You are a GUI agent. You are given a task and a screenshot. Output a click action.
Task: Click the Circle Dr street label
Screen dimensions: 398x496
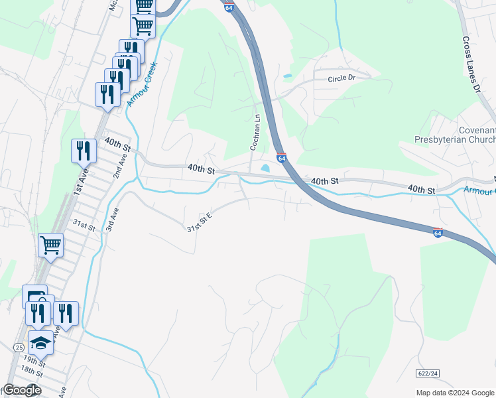point(341,78)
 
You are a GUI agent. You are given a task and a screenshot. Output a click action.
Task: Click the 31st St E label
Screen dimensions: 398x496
point(199,222)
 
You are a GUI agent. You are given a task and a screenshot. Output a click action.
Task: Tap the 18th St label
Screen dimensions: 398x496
point(31,373)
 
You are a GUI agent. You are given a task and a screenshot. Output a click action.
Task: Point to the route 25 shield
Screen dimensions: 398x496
point(18,348)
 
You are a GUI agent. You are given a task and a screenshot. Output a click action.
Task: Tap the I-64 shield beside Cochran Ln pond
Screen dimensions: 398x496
point(282,158)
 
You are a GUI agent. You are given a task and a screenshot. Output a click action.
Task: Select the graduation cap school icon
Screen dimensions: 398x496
point(40,343)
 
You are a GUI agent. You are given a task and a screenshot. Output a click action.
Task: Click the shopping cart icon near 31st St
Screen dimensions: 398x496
point(50,245)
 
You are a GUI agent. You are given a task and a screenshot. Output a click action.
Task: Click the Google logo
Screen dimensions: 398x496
point(22,390)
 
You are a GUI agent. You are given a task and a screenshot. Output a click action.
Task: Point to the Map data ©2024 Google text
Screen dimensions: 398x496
point(455,393)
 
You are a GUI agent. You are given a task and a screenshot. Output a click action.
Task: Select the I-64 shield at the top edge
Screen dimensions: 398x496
point(229,6)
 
